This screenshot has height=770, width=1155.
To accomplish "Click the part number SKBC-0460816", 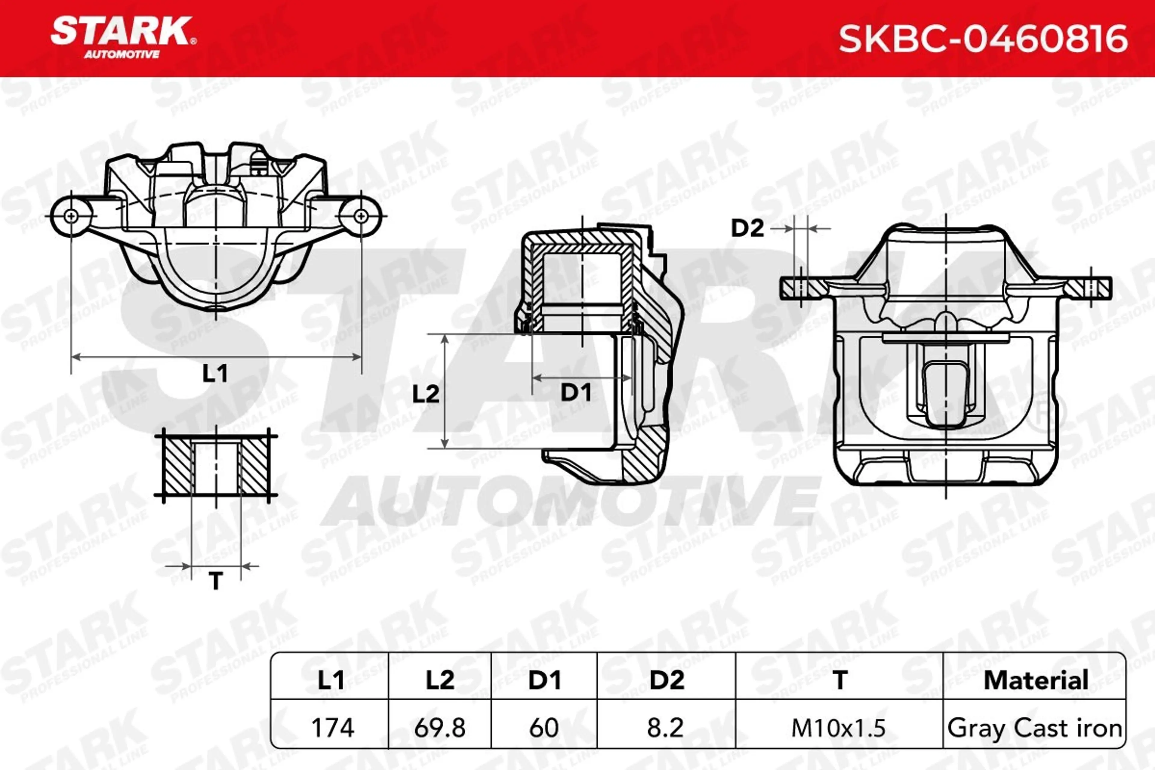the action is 983,39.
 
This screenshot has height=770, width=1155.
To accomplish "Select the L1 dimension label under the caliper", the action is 215,374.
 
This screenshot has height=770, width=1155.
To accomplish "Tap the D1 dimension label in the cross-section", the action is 576,392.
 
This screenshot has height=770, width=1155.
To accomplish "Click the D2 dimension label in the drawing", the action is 747,228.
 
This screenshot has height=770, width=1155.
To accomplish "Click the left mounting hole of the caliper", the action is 71,216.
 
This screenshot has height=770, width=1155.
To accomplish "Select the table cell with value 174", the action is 332,728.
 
